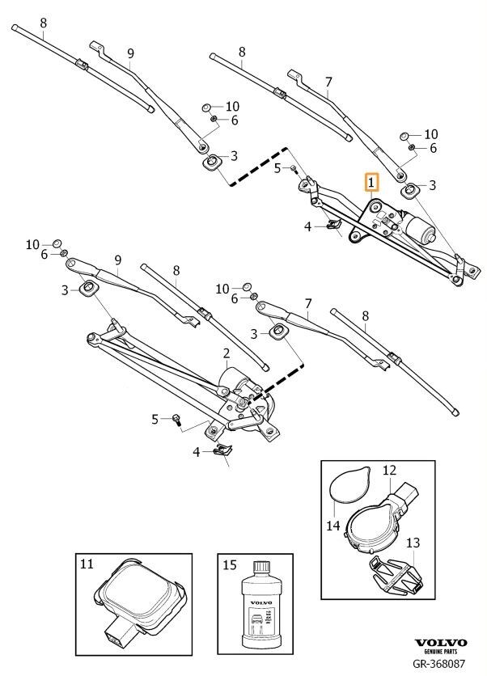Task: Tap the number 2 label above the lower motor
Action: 227,353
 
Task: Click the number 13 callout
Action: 413,543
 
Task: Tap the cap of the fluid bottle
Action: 261,567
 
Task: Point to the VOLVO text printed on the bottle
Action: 261,602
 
